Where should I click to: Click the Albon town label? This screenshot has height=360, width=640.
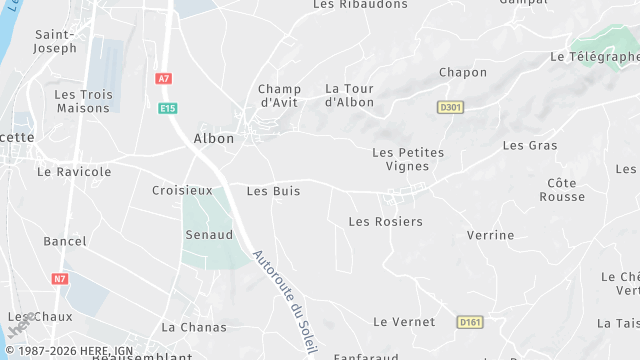tap(214, 139)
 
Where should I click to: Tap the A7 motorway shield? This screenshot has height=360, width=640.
tap(163, 78)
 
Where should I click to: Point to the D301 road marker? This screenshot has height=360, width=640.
tap(451, 106)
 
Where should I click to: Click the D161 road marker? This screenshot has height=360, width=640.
tap(469, 322)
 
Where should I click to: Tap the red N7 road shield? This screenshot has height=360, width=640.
tap(59, 278)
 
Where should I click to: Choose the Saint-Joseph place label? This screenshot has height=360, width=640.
tap(55, 40)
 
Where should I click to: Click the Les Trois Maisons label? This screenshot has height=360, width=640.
tap(82, 101)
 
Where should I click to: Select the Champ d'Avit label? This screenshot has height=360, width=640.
tap(279, 95)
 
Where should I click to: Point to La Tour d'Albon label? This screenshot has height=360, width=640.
tap(349, 95)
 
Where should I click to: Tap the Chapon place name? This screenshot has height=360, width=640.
tap(463, 72)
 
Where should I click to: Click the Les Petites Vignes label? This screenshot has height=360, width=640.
tap(407, 159)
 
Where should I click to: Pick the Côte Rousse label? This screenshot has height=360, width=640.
tap(562, 190)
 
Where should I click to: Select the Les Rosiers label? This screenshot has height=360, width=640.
tap(385, 221)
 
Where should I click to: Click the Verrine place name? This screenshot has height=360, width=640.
tap(490, 236)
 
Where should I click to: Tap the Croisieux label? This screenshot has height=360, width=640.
tap(182, 190)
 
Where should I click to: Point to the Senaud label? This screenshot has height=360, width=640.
tap(209, 235)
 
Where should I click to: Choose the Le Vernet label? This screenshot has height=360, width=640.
tap(404, 322)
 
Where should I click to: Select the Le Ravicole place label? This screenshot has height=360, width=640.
tap(74, 172)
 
